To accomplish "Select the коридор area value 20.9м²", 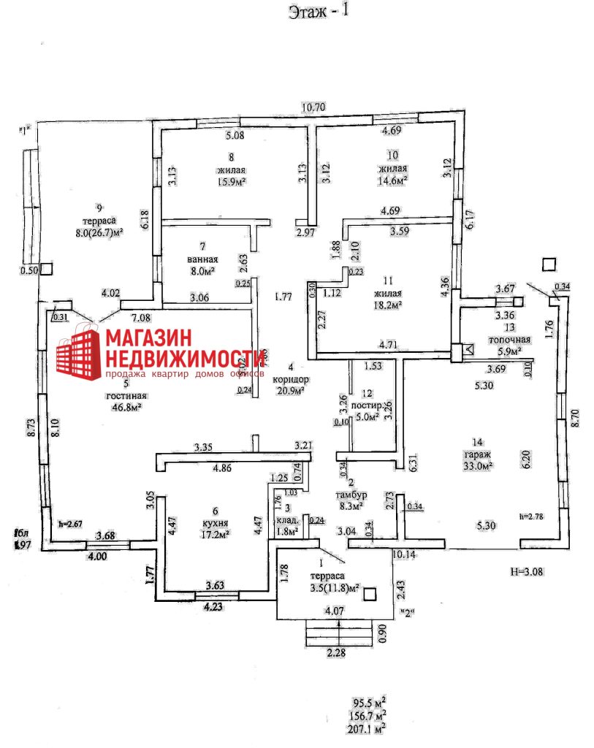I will pyautogui.click(x=291, y=391).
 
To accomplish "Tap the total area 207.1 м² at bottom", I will pyautogui.click(x=368, y=728).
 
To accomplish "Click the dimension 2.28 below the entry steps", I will pyautogui.click(x=338, y=653).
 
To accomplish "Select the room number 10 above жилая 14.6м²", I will pyautogui.click(x=392, y=155).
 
